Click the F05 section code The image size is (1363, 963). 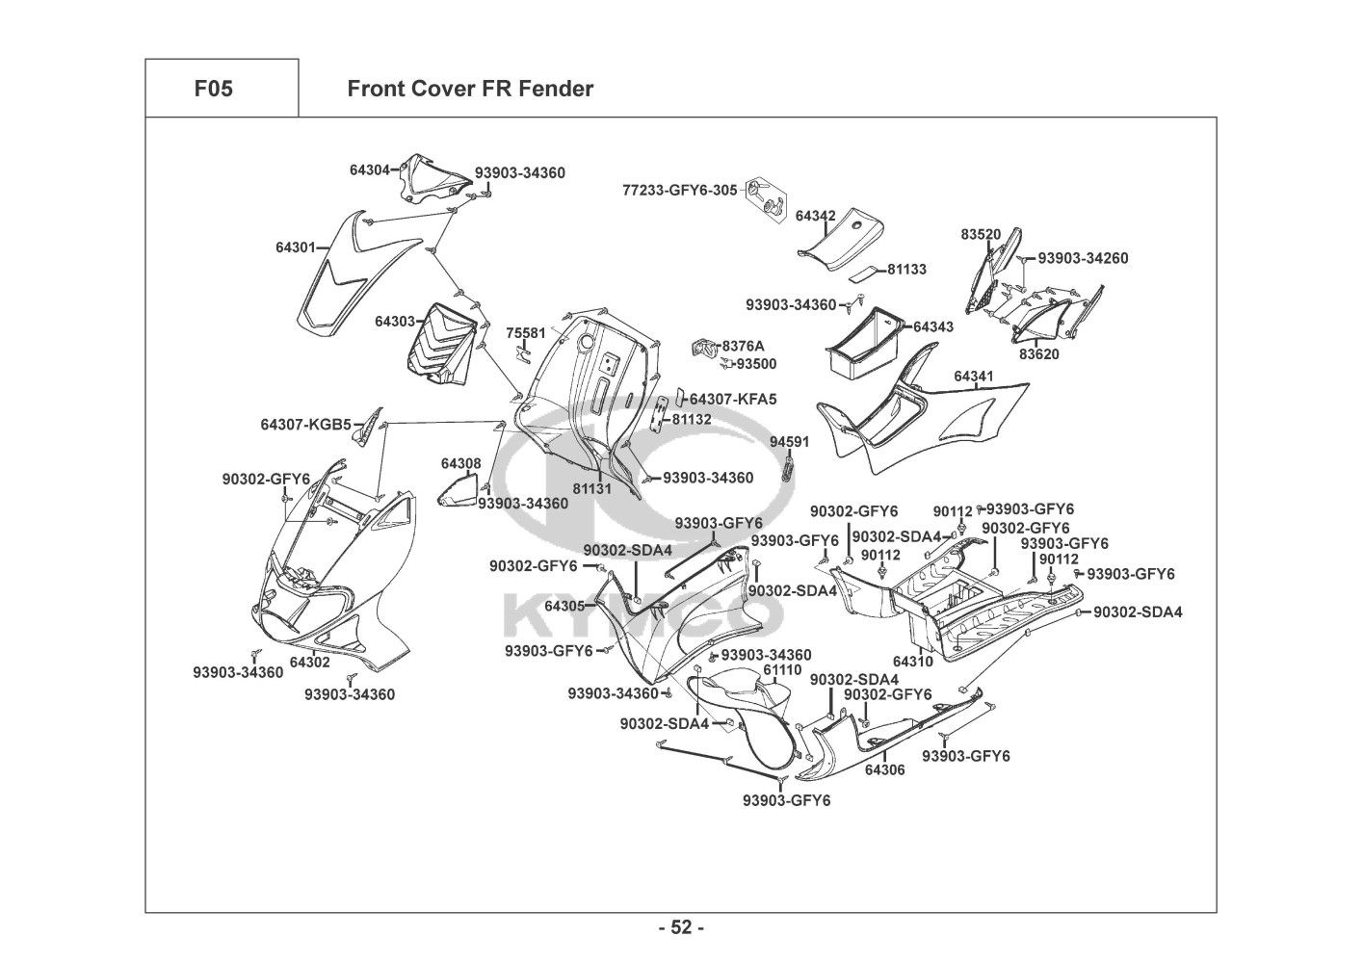(x=213, y=90)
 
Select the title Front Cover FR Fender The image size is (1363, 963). (x=469, y=90)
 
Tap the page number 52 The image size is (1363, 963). (x=681, y=928)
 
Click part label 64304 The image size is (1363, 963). (x=369, y=170)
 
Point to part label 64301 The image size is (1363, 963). (x=296, y=247)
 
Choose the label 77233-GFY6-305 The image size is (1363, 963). (x=679, y=191)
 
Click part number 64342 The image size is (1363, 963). (x=815, y=216)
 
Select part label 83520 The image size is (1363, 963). (x=980, y=234)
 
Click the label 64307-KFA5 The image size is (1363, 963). (x=733, y=399)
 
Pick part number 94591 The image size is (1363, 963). (x=789, y=442)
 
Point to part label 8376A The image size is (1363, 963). (x=743, y=346)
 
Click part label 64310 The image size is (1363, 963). (x=912, y=662)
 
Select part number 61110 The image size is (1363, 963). (x=782, y=669)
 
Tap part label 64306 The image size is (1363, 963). (x=884, y=769)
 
